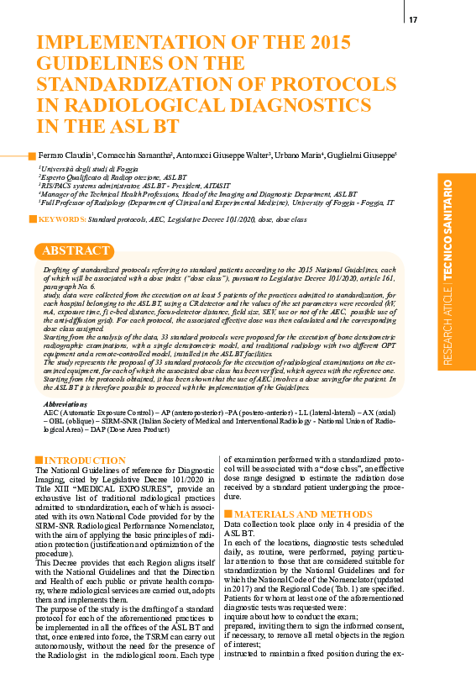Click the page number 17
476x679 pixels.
point(412,20)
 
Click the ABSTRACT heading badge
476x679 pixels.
point(76,251)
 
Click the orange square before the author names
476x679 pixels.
point(33,156)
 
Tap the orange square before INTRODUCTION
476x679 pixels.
point(38,460)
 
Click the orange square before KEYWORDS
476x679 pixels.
point(33,218)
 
